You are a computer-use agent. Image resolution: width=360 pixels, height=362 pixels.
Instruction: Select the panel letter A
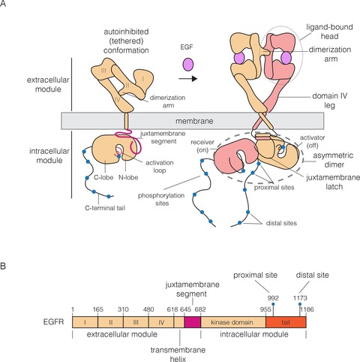[x=7, y=7]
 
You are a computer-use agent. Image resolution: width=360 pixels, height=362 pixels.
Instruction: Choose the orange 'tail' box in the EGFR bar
[x=286, y=321]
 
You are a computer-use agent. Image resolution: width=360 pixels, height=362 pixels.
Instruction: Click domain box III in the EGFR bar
[x=135, y=321]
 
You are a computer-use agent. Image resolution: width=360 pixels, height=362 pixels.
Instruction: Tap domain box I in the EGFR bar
[x=85, y=321]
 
